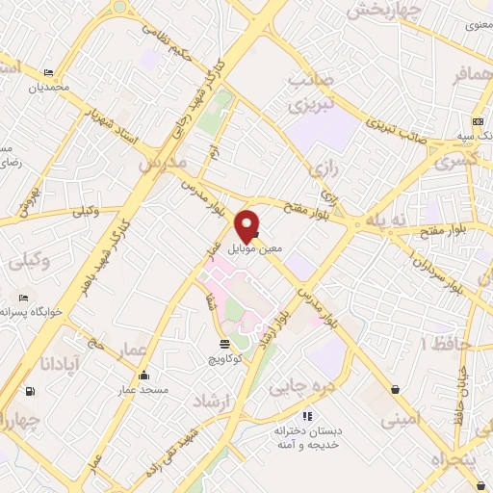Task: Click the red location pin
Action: click(247, 223)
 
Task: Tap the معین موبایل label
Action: click(256, 248)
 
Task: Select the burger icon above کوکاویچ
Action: click(224, 343)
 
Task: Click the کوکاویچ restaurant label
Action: click(225, 358)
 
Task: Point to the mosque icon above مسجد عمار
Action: click(144, 376)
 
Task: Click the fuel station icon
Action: click(31, 390)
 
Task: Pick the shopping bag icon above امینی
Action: click(396, 389)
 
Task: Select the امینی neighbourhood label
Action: click(402, 419)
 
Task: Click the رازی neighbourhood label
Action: click(324, 171)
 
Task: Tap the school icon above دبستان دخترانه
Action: click(306, 416)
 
